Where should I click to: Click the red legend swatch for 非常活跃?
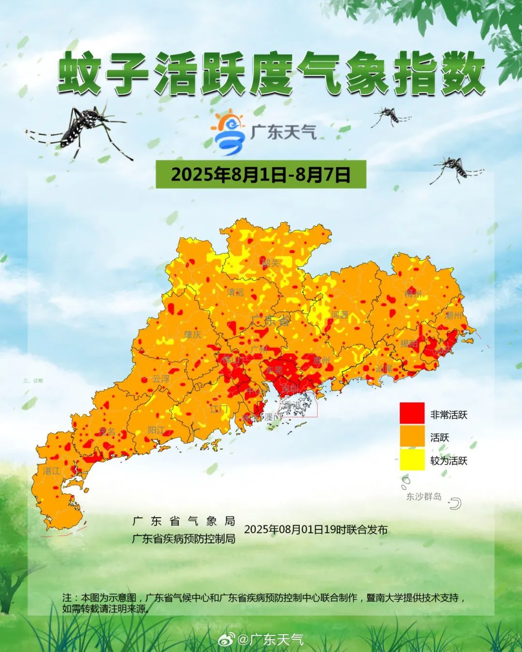(x=412, y=414)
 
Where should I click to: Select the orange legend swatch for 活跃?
(x=412, y=437)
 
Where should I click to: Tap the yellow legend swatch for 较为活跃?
(x=412, y=460)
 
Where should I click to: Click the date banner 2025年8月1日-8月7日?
(x=261, y=174)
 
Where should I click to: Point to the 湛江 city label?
(x=52, y=470)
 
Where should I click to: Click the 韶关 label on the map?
(x=271, y=263)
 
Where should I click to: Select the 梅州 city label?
(x=414, y=294)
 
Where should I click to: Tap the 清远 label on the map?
(x=236, y=292)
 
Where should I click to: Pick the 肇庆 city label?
(x=192, y=334)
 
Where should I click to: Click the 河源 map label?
(x=339, y=315)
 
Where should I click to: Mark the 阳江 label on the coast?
(x=156, y=429)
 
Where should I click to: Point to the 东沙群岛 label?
(x=423, y=496)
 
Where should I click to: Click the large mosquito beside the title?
(x=82, y=128)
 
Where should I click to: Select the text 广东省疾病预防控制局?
(x=184, y=539)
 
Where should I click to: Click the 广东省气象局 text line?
(x=184, y=521)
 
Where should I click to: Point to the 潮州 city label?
(x=453, y=315)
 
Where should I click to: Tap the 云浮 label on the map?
(x=161, y=379)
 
